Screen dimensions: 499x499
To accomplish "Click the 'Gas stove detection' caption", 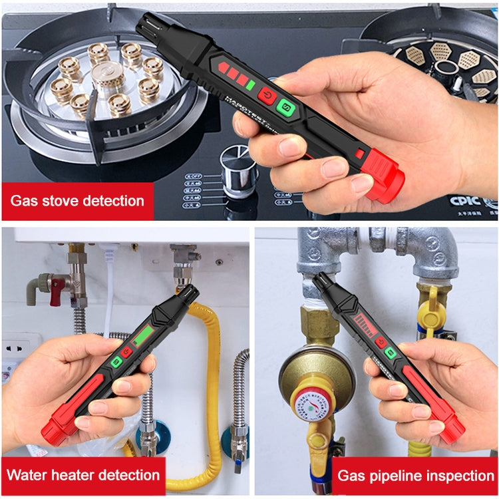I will [x=77, y=200].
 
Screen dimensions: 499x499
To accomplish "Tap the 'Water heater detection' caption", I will [x=83, y=475].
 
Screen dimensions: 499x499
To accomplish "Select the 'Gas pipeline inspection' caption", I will [x=415, y=476].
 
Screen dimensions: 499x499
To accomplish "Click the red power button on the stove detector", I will [x=267, y=95].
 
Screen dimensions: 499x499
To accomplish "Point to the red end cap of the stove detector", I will [x=385, y=176].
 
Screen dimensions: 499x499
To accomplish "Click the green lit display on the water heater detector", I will [x=141, y=335].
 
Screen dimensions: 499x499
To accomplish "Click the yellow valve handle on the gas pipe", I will [x=431, y=305].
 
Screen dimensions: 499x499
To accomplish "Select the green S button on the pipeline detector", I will [x=391, y=352].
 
